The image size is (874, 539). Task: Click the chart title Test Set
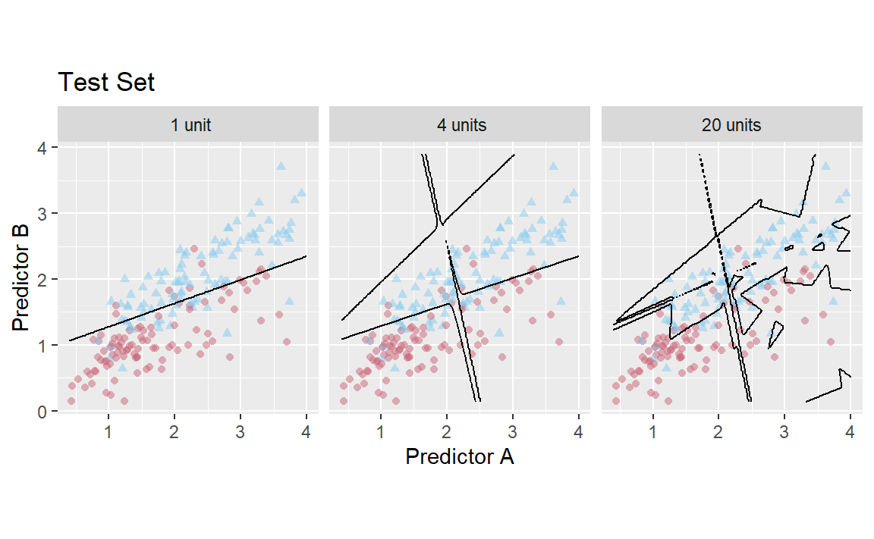click(106, 82)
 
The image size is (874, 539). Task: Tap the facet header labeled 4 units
click(459, 124)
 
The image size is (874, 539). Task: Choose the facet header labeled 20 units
click(731, 124)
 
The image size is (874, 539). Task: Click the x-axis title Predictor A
click(460, 456)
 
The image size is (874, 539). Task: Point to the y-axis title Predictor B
click(21, 280)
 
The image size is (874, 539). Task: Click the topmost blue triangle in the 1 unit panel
click(281, 166)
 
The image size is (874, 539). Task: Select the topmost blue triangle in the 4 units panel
click(553, 166)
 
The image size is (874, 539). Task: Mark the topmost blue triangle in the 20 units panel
click(825, 166)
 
